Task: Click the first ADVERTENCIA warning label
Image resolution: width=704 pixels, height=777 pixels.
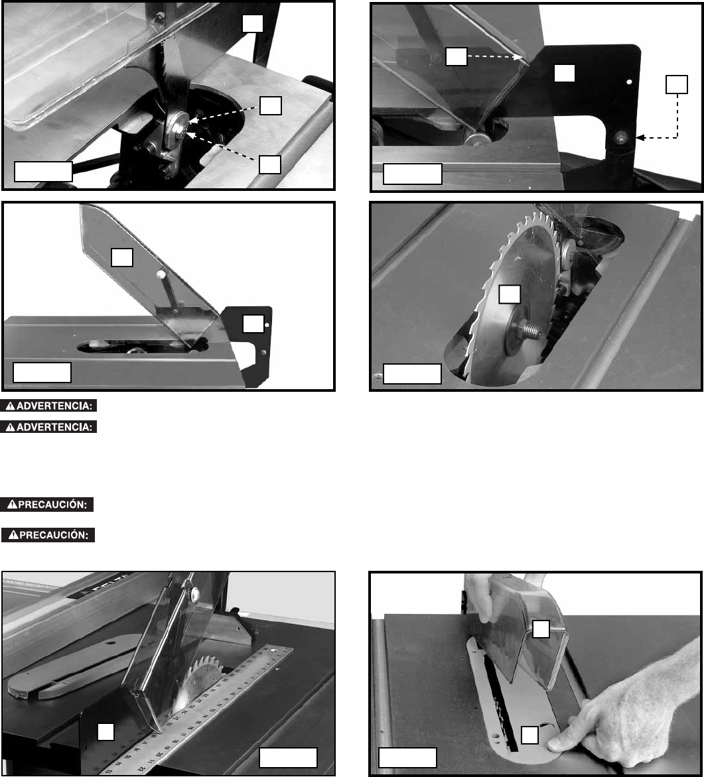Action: pyautogui.click(x=48, y=406)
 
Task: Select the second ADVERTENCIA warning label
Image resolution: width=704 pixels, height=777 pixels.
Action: pyautogui.click(x=48, y=427)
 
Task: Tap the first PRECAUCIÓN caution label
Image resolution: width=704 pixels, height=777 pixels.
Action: pyautogui.click(x=47, y=505)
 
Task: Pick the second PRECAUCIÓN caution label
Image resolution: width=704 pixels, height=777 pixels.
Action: pyautogui.click(x=48, y=535)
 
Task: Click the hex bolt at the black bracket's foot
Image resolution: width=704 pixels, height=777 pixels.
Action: pyautogui.click(x=620, y=138)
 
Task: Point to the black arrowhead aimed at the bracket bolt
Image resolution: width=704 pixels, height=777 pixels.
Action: pyautogui.click(x=640, y=138)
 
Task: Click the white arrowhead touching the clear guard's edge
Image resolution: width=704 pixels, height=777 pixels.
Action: pyautogui.click(x=518, y=57)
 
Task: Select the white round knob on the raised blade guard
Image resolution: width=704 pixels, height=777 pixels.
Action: pyautogui.click(x=161, y=274)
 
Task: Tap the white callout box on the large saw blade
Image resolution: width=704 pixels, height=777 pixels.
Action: pyautogui.click(x=509, y=294)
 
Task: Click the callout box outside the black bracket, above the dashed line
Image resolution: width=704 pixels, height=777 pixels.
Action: pyautogui.click(x=677, y=84)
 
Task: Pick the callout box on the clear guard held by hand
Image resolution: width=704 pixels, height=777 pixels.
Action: pyautogui.click(x=541, y=629)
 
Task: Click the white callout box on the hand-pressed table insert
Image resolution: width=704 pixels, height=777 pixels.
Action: pyautogui.click(x=530, y=735)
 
